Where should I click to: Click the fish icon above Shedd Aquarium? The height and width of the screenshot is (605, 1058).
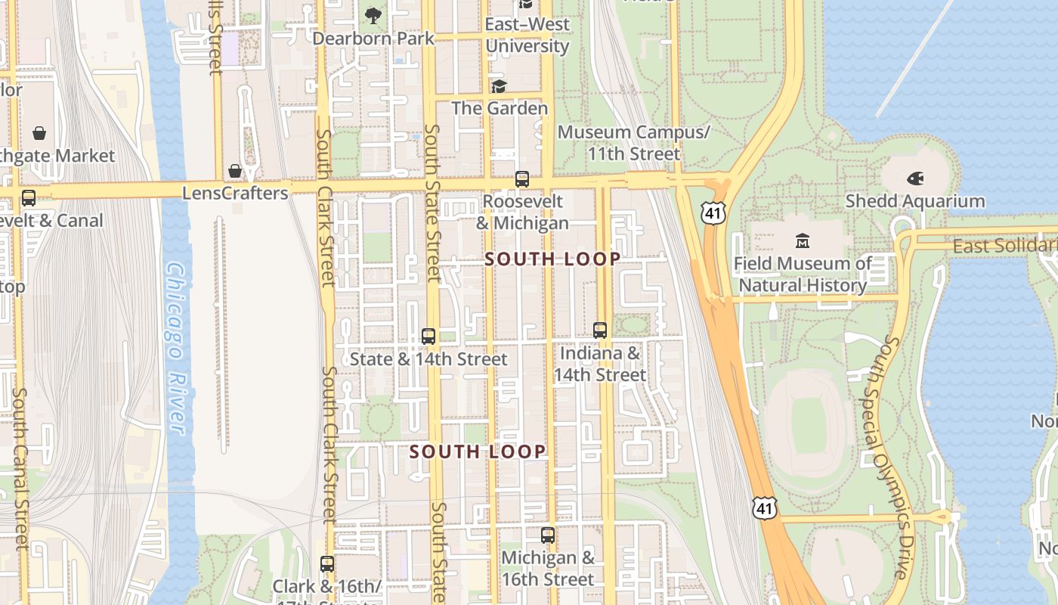pyautogui.click(x=914, y=179)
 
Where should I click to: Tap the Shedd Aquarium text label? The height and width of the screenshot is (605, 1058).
pyautogui.click(x=914, y=201)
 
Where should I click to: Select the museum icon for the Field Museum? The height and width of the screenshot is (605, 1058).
pyautogui.click(x=803, y=241)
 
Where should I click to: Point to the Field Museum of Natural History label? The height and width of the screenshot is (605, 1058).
pyautogui.click(x=803, y=275)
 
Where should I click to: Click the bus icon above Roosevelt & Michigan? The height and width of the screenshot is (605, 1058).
pyautogui.click(x=521, y=179)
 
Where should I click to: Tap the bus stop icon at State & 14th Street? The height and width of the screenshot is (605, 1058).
pyautogui.click(x=428, y=337)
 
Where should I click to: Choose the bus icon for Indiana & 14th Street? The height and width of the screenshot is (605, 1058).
pyautogui.click(x=600, y=330)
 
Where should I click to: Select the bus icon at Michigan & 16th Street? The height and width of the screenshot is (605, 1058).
pyautogui.click(x=548, y=535)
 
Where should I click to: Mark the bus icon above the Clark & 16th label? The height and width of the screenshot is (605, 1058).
pyautogui.click(x=326, y=564)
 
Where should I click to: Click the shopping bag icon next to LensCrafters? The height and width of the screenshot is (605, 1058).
pyautogui.click(x=235, y=171)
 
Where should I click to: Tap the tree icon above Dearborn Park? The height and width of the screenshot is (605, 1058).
pyautogui.click(x=373, y=15)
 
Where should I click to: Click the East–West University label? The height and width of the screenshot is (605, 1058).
pyautogui.click(x=527, y=35)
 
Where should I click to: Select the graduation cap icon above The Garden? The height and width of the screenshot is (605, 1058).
pyautogui.click(x=499, y=86)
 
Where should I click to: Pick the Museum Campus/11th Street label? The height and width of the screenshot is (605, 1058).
pyautogui.click(x=634, y=143)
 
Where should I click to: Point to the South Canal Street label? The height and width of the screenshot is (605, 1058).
pyautogui.click(x=20, y=469)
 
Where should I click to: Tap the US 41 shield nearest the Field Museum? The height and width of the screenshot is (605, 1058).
pyautogui.click(x=713, y=213)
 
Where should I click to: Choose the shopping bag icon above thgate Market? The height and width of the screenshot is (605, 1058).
pyautogui.click(x=39, y=134)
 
